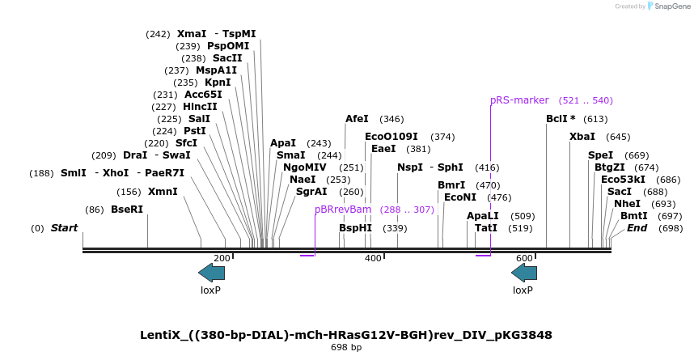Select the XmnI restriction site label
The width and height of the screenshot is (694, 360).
[163, 192]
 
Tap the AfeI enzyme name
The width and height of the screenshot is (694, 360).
[357, 119]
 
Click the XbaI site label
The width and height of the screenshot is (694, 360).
[582, 137]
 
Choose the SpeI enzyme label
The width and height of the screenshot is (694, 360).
[600, 155]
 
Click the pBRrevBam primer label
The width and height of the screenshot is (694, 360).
[343, 210]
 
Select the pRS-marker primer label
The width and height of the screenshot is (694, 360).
[519, 100]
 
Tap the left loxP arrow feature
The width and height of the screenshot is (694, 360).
[211, 273]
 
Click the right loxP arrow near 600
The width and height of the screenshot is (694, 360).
[523, 273]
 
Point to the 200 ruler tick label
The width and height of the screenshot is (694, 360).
[222, 258]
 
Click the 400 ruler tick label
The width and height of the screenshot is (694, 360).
[373, 258]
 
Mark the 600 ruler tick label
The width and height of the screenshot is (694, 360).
[524, 258]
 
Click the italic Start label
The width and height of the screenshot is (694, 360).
[64, 228]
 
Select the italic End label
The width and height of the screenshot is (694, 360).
[637, 228]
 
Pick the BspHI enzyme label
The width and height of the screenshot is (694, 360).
[355, 228]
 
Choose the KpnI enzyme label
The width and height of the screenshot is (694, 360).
[218, 83]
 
